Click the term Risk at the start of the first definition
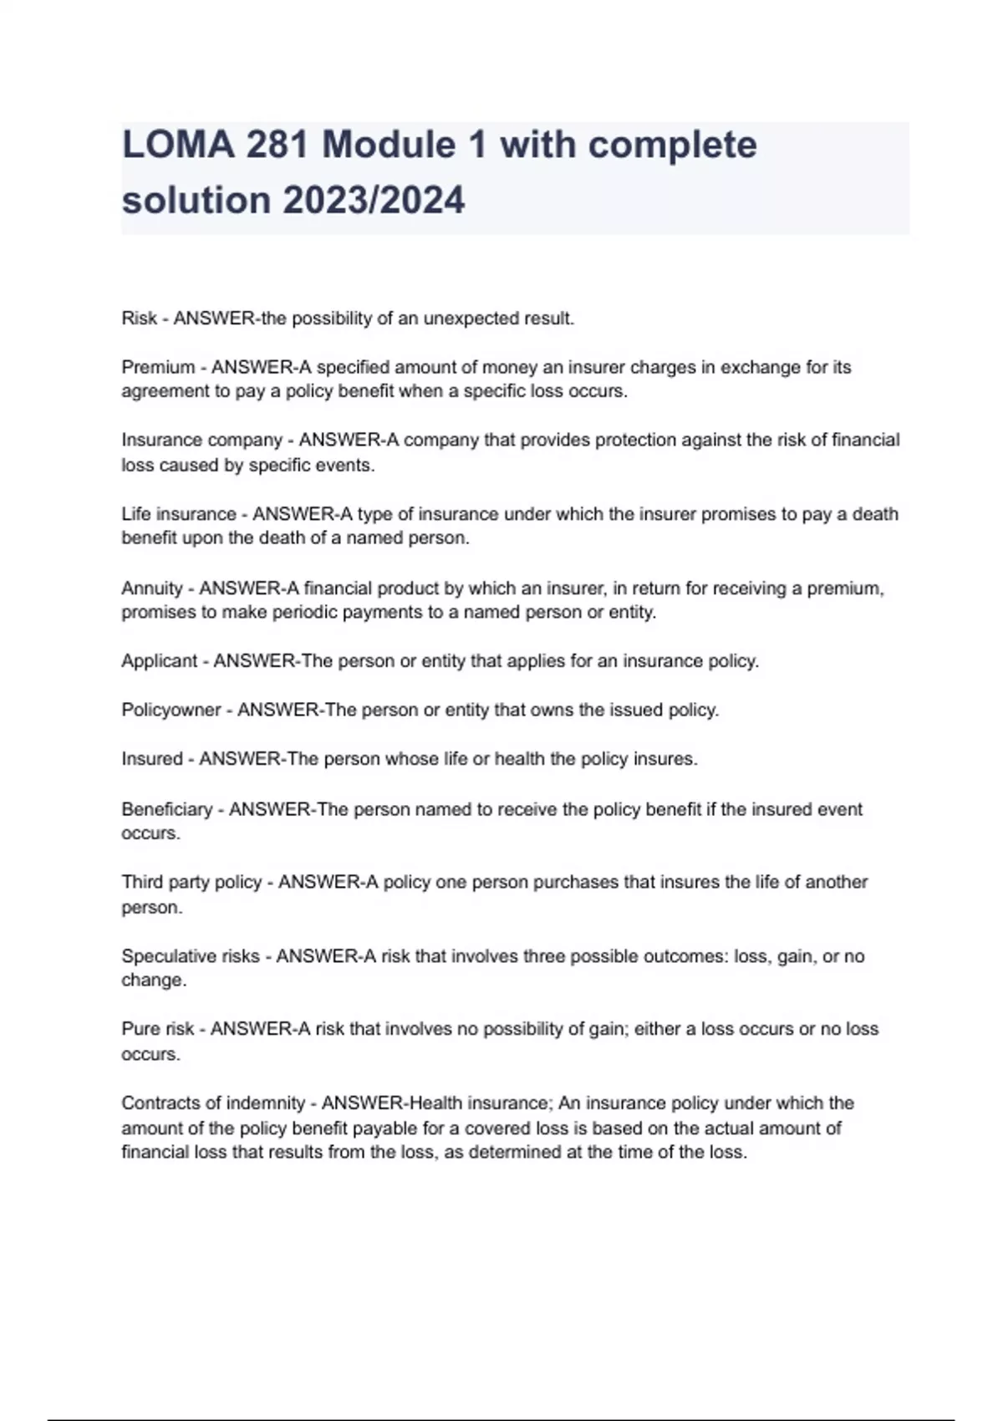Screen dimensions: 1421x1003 click(x=139, y=318)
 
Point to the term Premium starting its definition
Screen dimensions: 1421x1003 click(x=158, y=367)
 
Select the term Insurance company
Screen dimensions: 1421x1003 click(x=201, y=441)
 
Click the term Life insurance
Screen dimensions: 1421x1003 click(x=178, y=514)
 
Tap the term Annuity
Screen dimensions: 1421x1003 click(x=151, y=588)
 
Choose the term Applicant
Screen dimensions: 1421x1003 click(x=159, y=661)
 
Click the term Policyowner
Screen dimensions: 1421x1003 click(x=171, y=710)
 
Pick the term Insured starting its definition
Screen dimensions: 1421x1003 click(x=151, y=759)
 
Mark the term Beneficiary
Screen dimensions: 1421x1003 click(x=166, y=809)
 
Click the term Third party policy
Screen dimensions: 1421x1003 click(x=191, y=883)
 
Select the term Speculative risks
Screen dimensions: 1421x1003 click(x=190, y=956)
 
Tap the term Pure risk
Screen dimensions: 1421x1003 click(x=157, y=1029)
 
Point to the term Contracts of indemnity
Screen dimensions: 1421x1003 click(x=213, y=1103)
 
